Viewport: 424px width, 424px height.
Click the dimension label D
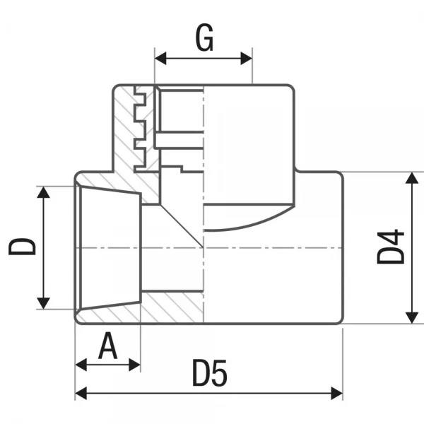[x=22, y=247]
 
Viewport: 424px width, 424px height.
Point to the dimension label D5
[x=210, y=375]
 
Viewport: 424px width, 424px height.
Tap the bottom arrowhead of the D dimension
[x=44, y=303]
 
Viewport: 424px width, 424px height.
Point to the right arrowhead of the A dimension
[x=135, y=365]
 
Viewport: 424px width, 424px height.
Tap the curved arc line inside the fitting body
[x=247, y=225]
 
